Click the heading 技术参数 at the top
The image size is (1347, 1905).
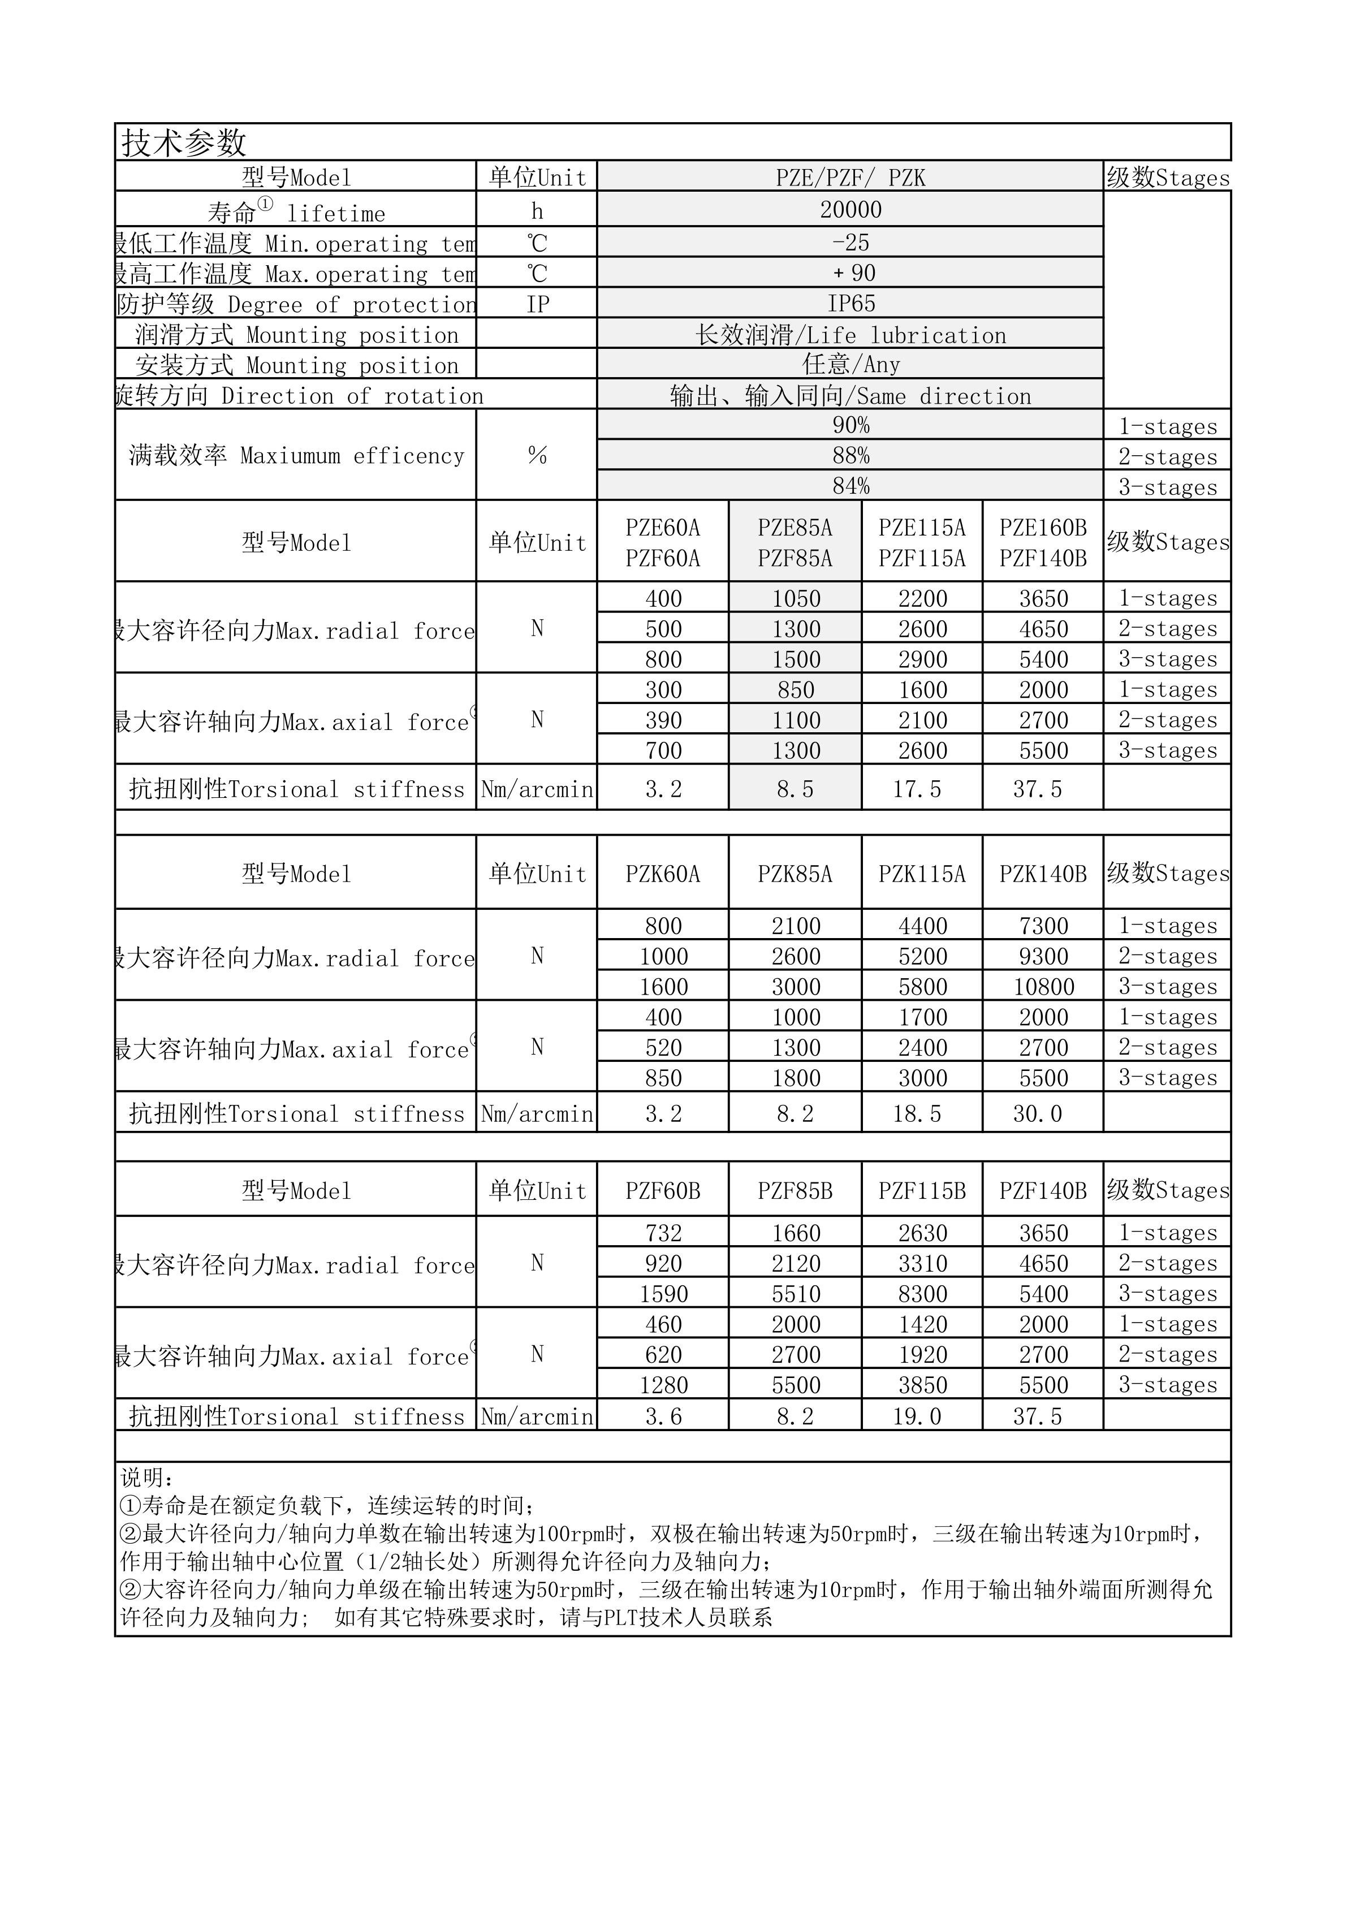pos(184,142)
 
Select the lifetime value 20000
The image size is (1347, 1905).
pos(850,210)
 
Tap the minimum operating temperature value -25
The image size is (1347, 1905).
pos(850,242)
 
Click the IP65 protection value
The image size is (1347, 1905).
pos(850,304)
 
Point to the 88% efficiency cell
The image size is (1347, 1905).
pos(850,456)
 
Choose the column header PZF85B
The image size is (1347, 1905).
pos(795,1191)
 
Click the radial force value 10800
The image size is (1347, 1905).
pos(1043,987)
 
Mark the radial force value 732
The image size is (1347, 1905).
pos(663,1233)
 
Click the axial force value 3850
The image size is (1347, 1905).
pos(922,1385)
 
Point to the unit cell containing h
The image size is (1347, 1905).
pos(537,211)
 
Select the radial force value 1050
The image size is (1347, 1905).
pos(796,598)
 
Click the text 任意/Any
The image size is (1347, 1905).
pos(850,364)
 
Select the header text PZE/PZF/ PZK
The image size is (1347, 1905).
pos(850,178)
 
